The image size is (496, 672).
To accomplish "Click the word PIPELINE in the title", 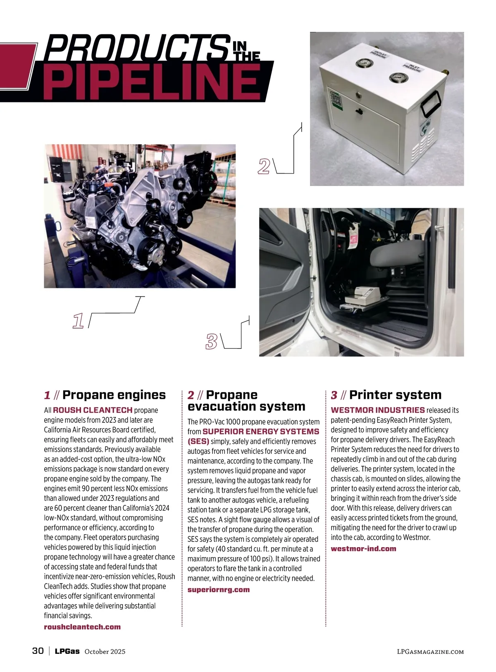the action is (152, 82).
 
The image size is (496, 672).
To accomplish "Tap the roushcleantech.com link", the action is (82, 627).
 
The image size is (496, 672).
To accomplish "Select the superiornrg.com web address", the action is (219, 589).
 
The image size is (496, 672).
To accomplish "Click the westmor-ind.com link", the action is (363, 548).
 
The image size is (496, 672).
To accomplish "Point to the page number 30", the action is (38, 651).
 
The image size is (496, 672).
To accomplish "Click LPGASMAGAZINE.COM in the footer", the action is (430, 651).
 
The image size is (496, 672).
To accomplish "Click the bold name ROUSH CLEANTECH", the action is (93, 410).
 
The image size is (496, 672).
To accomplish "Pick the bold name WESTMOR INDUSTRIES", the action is (378, 410).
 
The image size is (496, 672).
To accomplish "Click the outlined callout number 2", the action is (264, 166).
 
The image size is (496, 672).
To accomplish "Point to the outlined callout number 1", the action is (78, 321).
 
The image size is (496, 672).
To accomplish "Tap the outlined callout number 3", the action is (212, 341).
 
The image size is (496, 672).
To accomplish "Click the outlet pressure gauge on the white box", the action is (364, 63).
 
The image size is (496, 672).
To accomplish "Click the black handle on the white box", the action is (431, 103).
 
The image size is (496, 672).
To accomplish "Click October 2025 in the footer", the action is (105, 651).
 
